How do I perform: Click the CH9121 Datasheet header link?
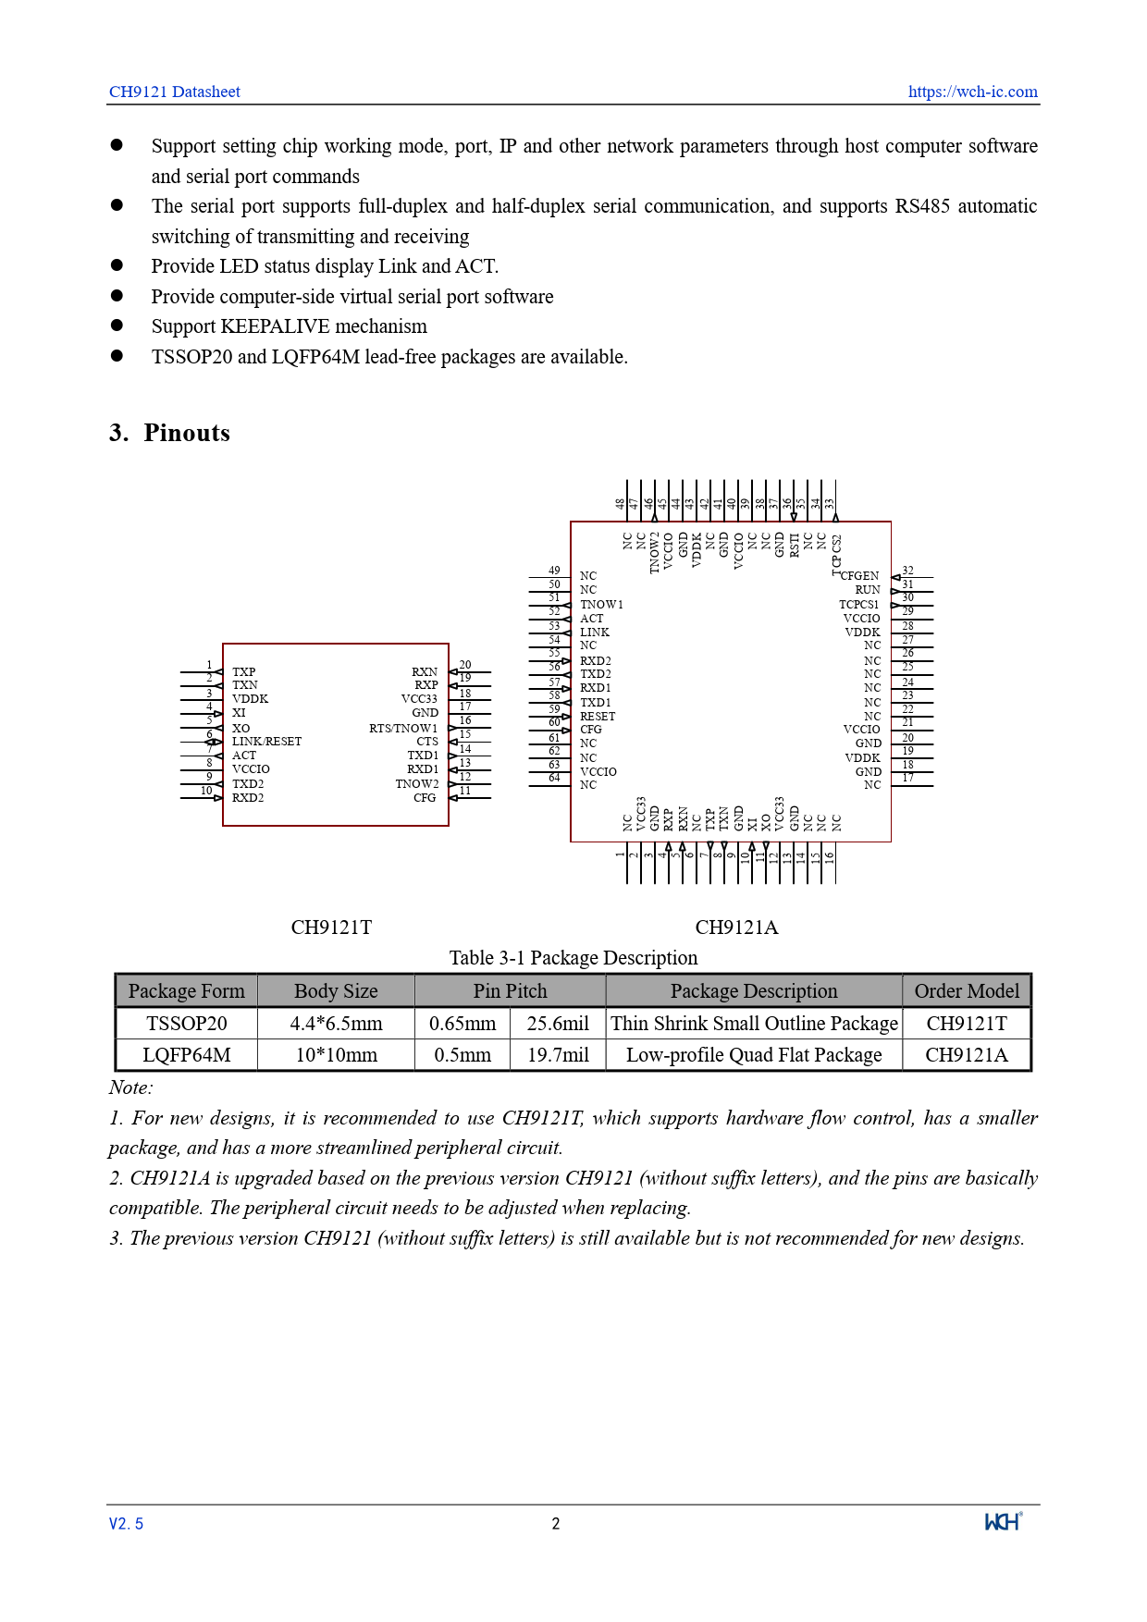click(x=174, y=92)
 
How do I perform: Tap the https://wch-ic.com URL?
click(x=972, y=92)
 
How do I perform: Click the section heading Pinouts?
click(x=186, y=433)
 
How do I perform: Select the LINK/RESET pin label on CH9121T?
click(x=266, y=742)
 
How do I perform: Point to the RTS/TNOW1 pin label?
click(x=403, y=729)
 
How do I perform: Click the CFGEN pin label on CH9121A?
click(x=860, y=576)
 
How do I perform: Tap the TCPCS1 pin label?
click(x=858, y=605)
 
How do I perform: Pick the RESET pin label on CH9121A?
click(x=598, y=717)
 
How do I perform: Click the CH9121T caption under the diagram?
click(x=331, y=928)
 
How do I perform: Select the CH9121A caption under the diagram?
click(x=736, y=928)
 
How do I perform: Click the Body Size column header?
click(x=336, y=991)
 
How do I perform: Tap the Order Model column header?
click(x=967, y=991)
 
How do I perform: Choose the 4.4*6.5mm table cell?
click(x=336, y=1024)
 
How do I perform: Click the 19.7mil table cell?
click(x=558, y=1055)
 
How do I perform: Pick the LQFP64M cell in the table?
click(x=186, y=1055)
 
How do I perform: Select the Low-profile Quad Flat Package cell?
click(x=754, y=1055)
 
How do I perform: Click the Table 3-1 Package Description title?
click(x=573, y=958)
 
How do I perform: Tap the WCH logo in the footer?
click(x=1003, y=1522)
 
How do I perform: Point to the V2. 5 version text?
click(x=126, y=1524)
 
